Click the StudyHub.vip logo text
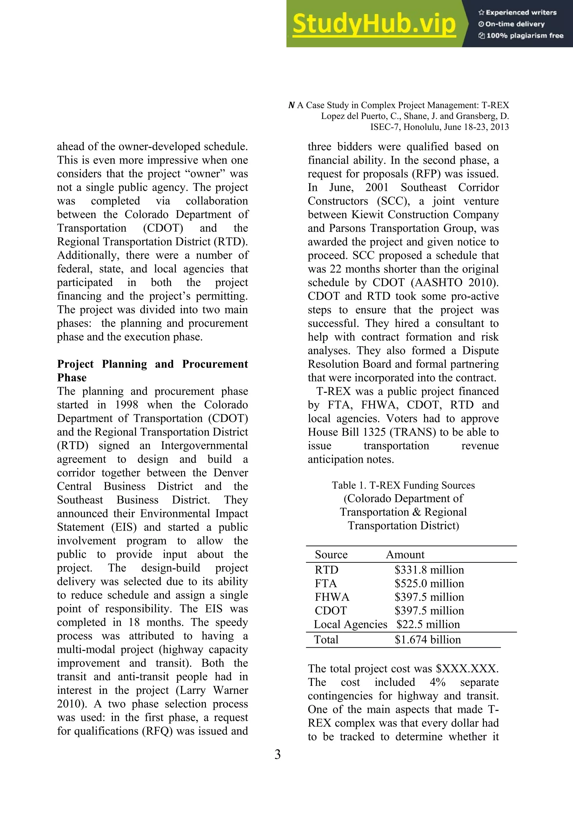[x=374, y=24]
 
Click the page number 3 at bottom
[x=277, y=754]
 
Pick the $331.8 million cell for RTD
[x=429, y=570]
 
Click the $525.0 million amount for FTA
[x=429, y=583]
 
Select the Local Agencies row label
[x=350, y=624]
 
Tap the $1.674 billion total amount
[x=428, y=640]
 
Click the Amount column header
[x=405, y=555]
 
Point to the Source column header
[x=331, y=555]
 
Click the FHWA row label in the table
[x=332, y=597]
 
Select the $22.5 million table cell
[x=428, y=624]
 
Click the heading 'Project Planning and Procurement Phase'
[x=152, y=371]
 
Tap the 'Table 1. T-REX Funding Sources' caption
[x=403, y=485]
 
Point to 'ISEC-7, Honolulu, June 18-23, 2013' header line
[x=439, y=127]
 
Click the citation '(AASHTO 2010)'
[x=454, y=283]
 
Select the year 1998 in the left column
[x=126, y=405]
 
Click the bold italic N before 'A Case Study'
[x=291, y=105]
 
